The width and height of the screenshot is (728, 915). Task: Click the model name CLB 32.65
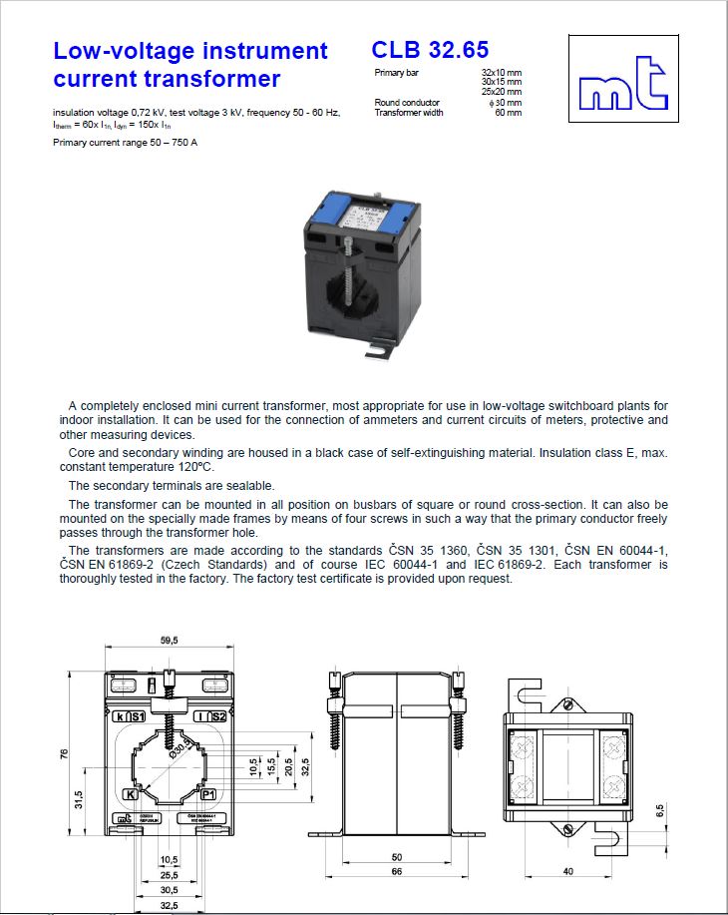pyautogui.click(x=430, y=49)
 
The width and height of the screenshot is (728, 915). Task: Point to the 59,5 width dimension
pyautogui.click(x=169, y=641)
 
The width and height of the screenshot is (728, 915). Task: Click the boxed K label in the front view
pyautogui.click(x=131, y=794)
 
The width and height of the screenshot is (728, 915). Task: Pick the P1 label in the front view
pyautogui.click(x=207, y=794)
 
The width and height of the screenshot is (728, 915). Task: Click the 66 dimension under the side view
pyautogui.click(x=396, y=872)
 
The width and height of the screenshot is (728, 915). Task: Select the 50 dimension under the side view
pyautogui.click(x=396, y=857)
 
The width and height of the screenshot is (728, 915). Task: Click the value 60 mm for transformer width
pyautogui.click(x=508, y=113)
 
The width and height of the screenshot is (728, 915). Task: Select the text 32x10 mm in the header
pyautogui.click(x=501, y=74)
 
